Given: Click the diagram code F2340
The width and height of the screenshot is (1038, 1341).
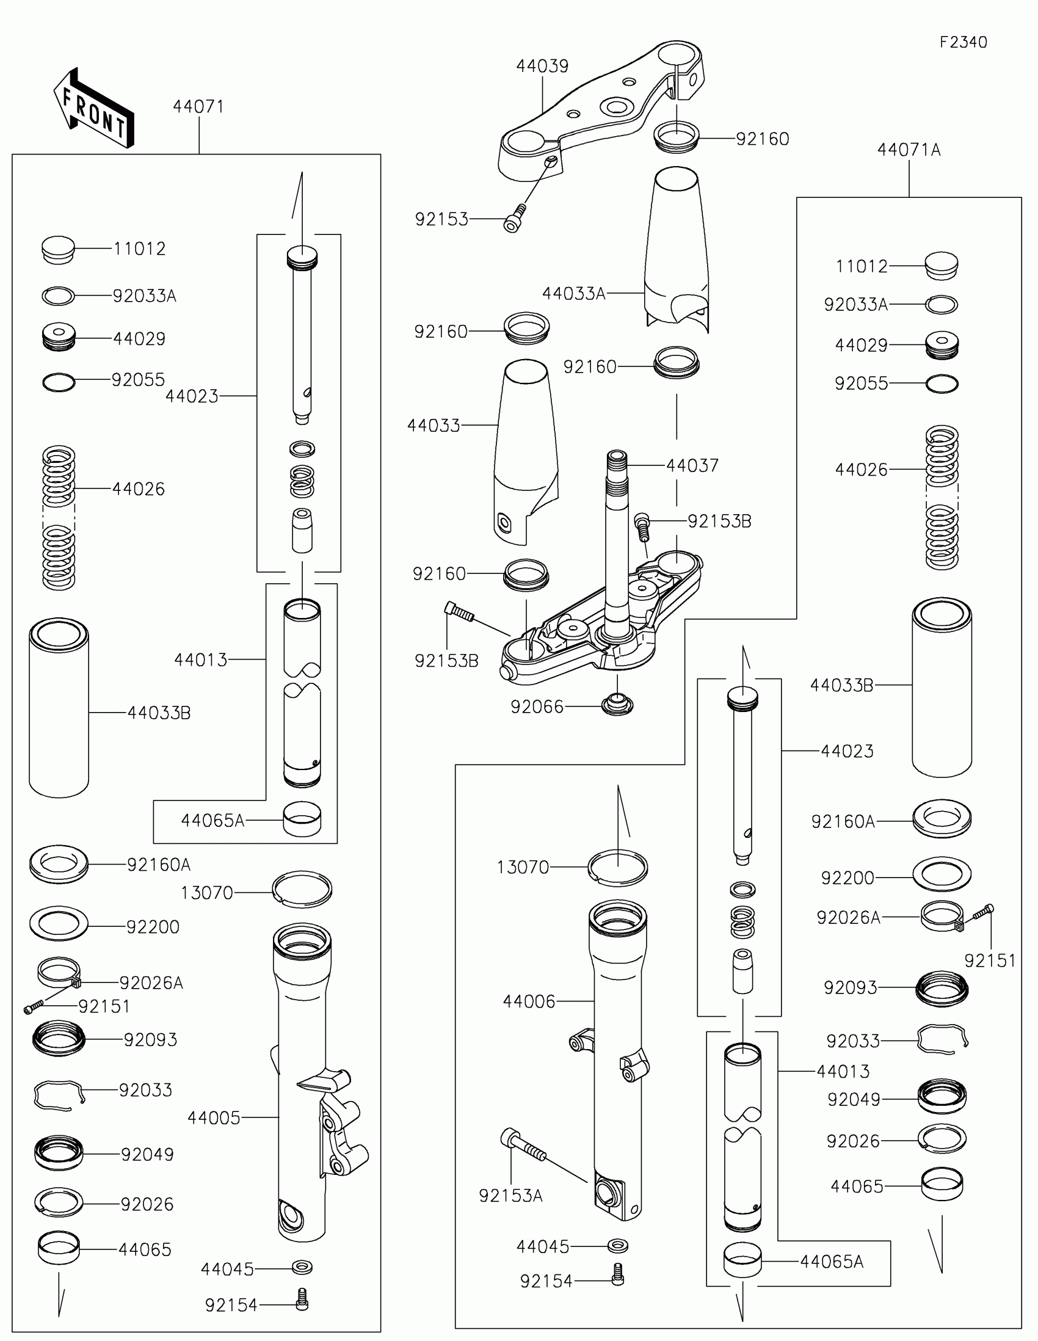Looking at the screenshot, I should [963, 42].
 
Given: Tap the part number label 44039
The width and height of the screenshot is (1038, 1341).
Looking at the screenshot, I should [542, 67].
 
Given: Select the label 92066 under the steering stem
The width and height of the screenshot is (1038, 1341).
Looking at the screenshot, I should [537, 707].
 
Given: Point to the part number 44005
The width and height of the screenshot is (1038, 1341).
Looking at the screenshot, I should [214, 1118].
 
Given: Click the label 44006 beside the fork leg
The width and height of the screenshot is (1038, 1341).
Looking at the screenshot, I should [529, 1002].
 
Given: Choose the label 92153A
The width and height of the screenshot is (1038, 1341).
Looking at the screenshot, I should [510, 1196].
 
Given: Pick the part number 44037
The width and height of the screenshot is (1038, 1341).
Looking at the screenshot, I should [692, 466].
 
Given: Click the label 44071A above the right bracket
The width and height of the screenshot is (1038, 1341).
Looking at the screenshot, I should [909, 150].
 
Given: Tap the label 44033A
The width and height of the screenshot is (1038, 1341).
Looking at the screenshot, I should [574, 294].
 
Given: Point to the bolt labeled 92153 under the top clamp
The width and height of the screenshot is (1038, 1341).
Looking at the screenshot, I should [515, 218].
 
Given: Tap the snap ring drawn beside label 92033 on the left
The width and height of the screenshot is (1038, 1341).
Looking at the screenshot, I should [59, 1095].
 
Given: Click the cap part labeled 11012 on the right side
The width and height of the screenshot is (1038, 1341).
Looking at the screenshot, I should [941, 266].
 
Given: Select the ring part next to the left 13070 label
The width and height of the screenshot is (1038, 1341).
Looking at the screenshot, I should [302, 889].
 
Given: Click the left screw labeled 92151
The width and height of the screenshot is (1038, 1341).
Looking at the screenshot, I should [34, 1006].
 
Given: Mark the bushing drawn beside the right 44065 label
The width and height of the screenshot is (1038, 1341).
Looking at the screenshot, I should [942, 1183].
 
